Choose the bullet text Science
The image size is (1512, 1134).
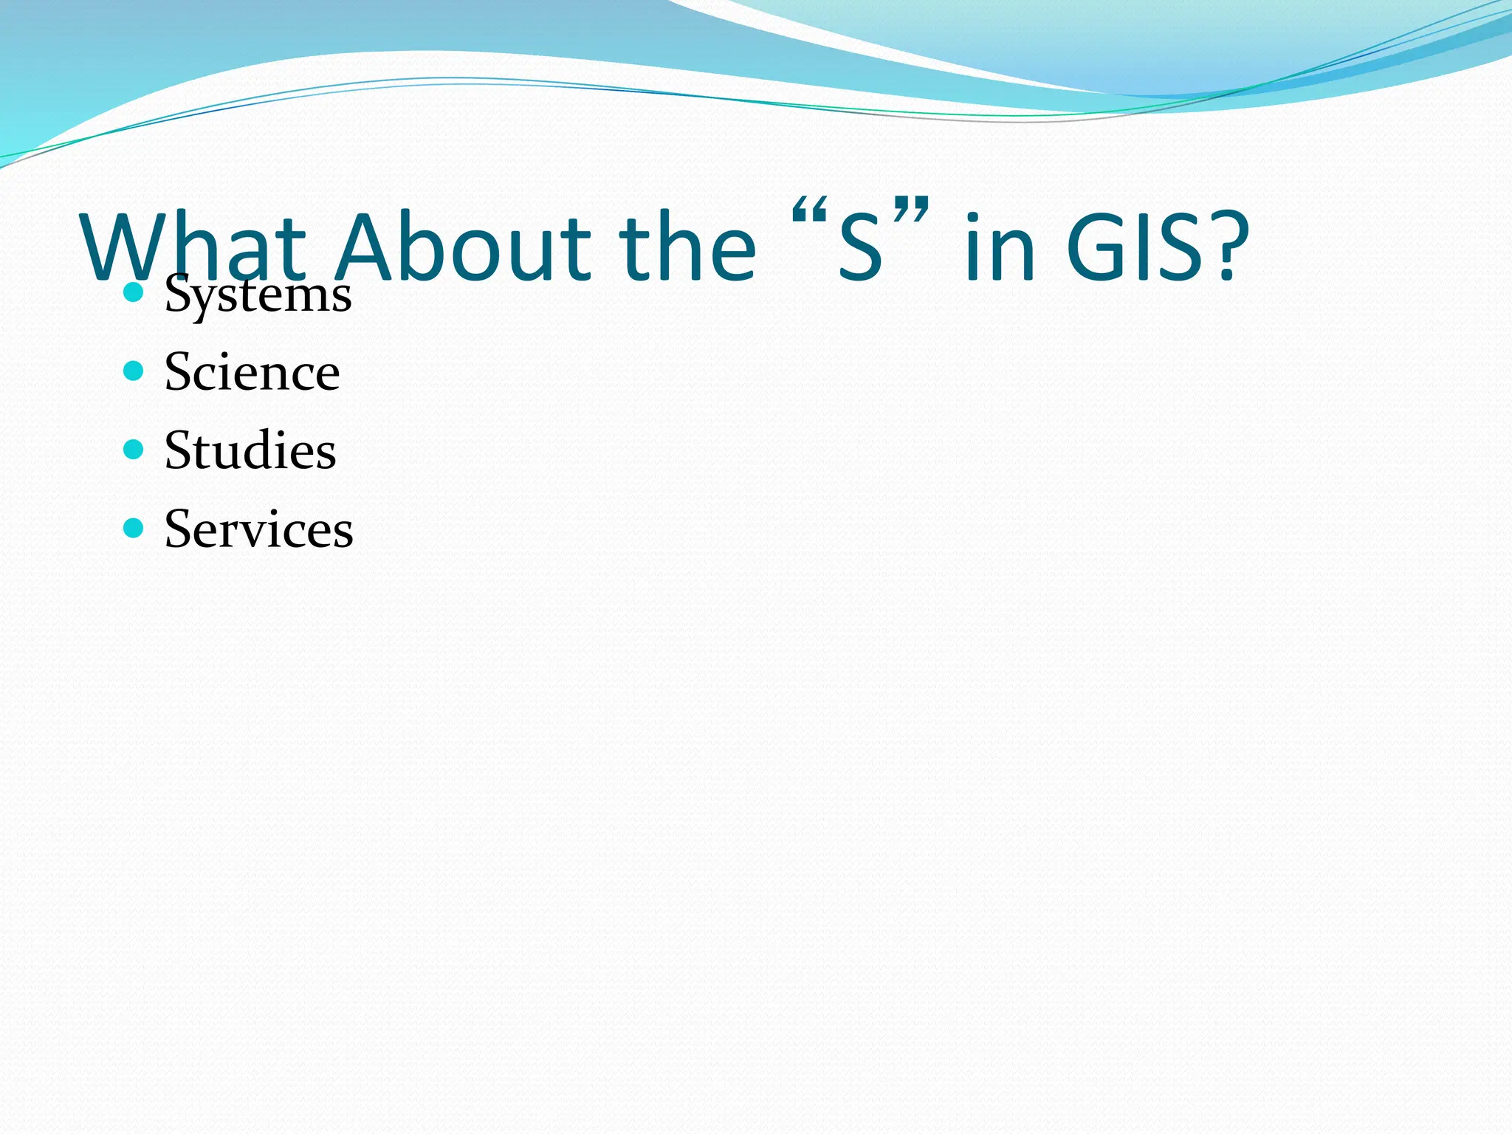click(252, 372)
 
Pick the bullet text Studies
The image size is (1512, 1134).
click(250, 450)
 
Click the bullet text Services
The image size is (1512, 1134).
click(258, 529)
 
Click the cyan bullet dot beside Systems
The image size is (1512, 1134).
click(133, 292)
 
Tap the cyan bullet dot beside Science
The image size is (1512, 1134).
click(133, 371)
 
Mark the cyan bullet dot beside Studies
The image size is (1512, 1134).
click(133, 449)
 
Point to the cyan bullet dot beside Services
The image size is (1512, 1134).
click(133, 528)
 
